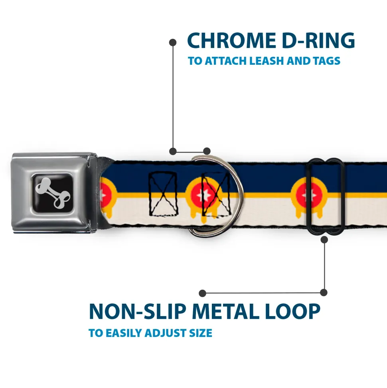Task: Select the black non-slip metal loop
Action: coord(326,195)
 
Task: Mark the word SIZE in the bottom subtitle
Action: coord(199,333)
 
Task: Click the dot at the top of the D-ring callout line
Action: coord(173,42)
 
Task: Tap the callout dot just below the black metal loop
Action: coord(324,240)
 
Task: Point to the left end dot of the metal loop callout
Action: coord(203,293)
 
